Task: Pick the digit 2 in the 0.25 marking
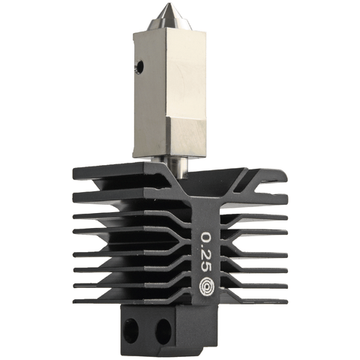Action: pyautogui.click(x=205, y=253)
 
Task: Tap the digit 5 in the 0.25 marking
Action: pyautogui.click(x=205, y=266)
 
